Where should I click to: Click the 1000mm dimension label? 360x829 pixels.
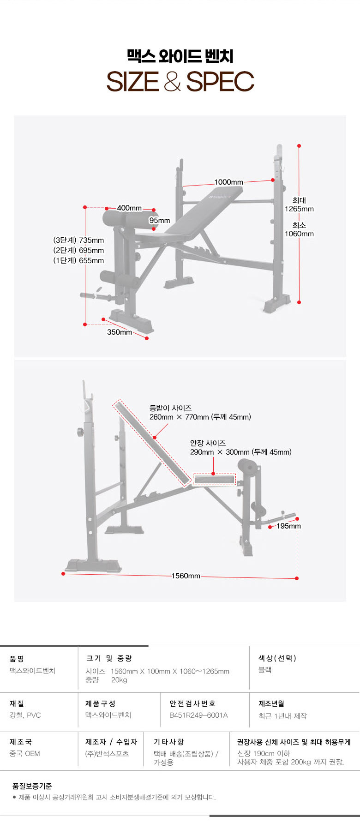228,182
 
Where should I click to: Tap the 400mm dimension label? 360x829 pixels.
129,208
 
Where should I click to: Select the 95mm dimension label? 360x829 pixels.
160,221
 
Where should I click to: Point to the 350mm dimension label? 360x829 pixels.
120,332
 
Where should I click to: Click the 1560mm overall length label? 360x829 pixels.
186,576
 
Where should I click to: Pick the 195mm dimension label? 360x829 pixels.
288,526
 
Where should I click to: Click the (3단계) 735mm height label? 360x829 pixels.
78,240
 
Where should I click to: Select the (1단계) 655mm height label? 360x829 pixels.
78,260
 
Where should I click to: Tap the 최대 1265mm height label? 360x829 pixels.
299,204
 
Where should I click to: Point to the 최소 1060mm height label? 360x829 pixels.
299,229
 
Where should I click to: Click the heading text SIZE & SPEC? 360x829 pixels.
180,82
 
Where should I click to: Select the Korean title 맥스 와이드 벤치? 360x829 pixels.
180,56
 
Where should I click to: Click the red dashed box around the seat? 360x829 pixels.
214,480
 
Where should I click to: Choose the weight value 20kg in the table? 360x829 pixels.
119,680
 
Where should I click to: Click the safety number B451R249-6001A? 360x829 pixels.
198,715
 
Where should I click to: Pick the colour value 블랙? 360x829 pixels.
265,670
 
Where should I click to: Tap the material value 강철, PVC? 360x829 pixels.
25,715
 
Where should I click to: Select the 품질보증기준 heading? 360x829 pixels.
32,786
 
